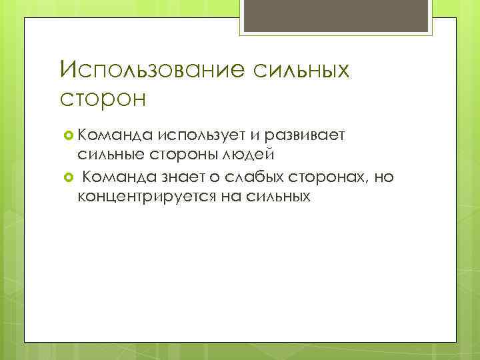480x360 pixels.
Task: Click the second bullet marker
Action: click(67, 177)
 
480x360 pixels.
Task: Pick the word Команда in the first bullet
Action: click(115, 137)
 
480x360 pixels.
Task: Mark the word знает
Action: click(179, 177)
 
